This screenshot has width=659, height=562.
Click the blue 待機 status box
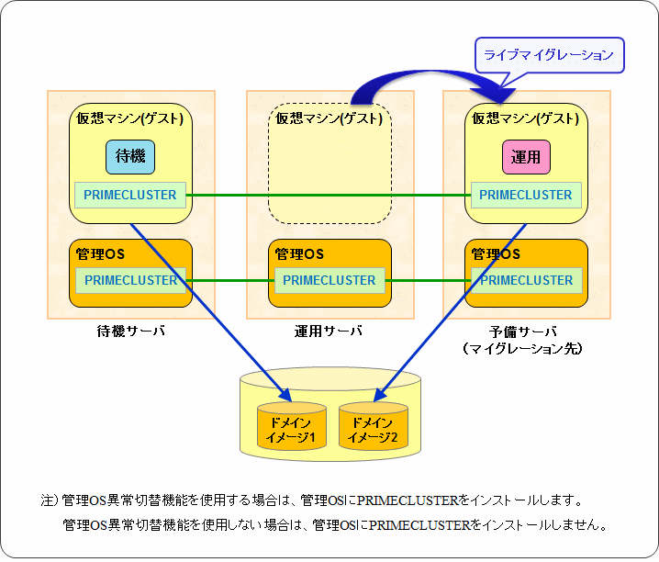click(130, 157)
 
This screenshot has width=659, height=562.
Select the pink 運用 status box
click(526, 157)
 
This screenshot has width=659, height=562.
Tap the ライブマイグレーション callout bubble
click(549, 55)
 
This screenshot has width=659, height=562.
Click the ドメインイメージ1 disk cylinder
click(292, 426)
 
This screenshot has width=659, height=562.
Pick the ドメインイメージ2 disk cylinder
click(374, 426)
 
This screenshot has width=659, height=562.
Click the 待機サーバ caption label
click(130, 332)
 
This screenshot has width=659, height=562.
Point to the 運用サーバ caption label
click(328, 332)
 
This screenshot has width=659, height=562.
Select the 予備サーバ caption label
click(523, 332)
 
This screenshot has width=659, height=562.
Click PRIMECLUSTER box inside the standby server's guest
click(130, 195)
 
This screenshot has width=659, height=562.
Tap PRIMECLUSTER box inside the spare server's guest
click(526, 195)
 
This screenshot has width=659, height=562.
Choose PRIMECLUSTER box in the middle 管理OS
click(329, 280)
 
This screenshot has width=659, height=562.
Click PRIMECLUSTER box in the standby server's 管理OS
click(130, 280)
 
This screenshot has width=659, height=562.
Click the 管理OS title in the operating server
click(299, 253)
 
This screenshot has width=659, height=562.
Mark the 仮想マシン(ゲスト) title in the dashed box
click(329, 118)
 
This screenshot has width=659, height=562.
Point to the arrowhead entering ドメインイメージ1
click(286, 396)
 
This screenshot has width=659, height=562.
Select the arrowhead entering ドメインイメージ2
click(379, 396)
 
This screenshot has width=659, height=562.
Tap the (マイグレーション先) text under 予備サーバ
click(523, 348)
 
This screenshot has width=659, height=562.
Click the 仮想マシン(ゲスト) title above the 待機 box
click(129, 118)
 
